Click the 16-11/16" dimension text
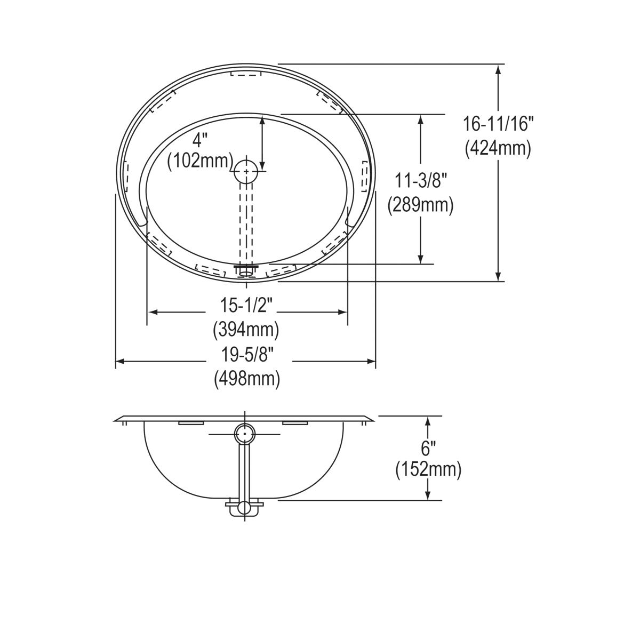tap(498, 124)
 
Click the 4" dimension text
tap(199, 140)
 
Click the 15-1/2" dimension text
tap(246, 306)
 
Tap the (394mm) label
tap(246, 330)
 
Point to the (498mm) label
tap(246, 379)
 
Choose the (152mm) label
tap(428, 469)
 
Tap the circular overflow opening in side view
tap(245, 434)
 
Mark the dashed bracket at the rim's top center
tap(246, 74)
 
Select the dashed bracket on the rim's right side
tap(365, 176)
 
